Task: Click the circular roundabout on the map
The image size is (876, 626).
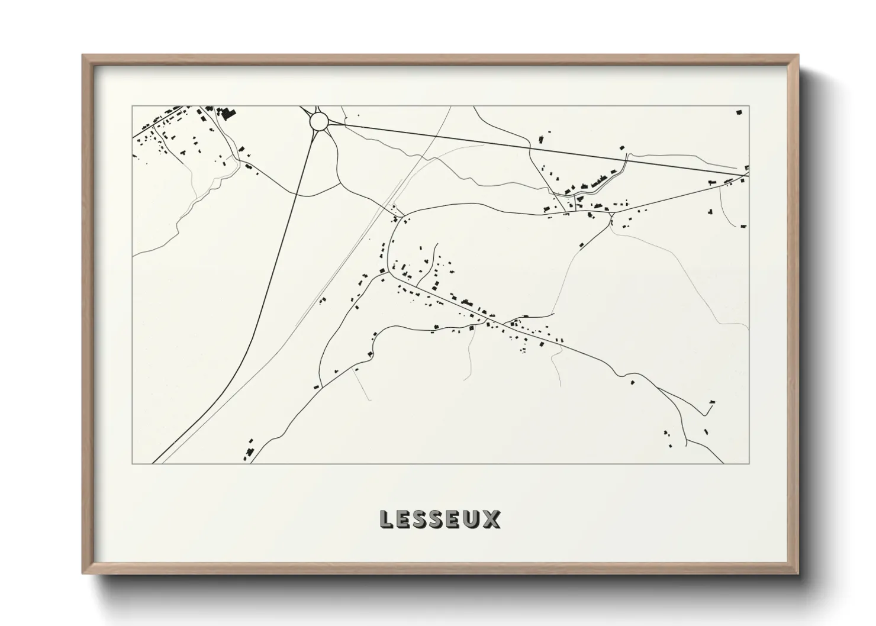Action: tap(318, 121)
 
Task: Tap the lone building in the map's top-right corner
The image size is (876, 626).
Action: tap(739, 112)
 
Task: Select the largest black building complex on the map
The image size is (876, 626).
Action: tap(226, 112)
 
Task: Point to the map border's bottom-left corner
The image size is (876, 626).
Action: tap(132, 463)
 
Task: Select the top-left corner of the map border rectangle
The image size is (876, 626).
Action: tap(132, 107)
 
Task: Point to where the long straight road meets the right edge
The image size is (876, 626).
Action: tap(748, 175)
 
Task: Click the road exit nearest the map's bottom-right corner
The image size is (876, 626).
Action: tap(723, 462)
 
